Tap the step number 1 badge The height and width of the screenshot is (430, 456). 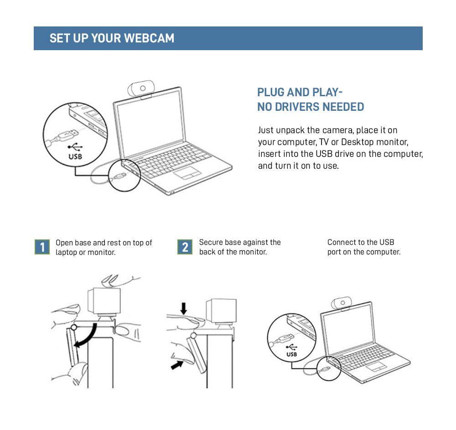pos(42,247)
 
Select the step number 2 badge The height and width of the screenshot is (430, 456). pos(185,247)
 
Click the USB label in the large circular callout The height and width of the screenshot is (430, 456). pos(75,156)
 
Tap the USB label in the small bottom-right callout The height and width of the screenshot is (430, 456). pos(291,354)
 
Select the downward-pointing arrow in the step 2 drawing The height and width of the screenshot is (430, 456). pos(184,309)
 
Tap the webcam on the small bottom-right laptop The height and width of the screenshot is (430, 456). pos(342,302)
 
